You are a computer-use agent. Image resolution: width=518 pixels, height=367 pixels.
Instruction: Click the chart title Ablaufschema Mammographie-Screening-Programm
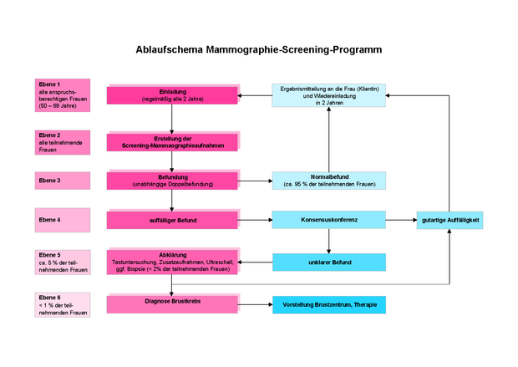(258, 50)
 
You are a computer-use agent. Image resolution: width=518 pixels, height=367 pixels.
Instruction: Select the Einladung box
(172, 94)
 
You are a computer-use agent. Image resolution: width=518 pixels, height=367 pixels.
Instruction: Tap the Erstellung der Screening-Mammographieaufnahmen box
(172, 140)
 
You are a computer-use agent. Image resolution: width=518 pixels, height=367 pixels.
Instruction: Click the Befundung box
(172, 180)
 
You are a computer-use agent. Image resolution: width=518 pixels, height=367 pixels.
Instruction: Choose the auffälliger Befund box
(172, 220)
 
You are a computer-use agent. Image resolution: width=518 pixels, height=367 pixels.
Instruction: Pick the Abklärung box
(172, 262)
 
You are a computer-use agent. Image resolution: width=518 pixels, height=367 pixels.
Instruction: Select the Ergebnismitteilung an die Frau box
(328, 94)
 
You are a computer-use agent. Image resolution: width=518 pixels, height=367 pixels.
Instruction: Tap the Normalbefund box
(328, 180)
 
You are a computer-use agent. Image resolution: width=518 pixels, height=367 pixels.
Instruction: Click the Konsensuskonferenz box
(328, 220)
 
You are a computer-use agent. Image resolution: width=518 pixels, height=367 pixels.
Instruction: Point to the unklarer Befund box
(328, 262)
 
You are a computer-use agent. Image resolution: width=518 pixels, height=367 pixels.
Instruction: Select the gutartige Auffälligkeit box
(450, 220)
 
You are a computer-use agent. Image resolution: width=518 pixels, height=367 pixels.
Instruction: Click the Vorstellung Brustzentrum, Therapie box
(328, 304)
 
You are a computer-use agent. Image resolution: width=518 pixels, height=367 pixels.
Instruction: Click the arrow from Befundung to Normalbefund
(255, 181)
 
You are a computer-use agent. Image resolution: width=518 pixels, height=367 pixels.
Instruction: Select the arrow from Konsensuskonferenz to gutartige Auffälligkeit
(401, 221)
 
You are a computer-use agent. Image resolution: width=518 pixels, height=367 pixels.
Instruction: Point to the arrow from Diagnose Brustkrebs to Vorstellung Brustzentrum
(255, 304)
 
